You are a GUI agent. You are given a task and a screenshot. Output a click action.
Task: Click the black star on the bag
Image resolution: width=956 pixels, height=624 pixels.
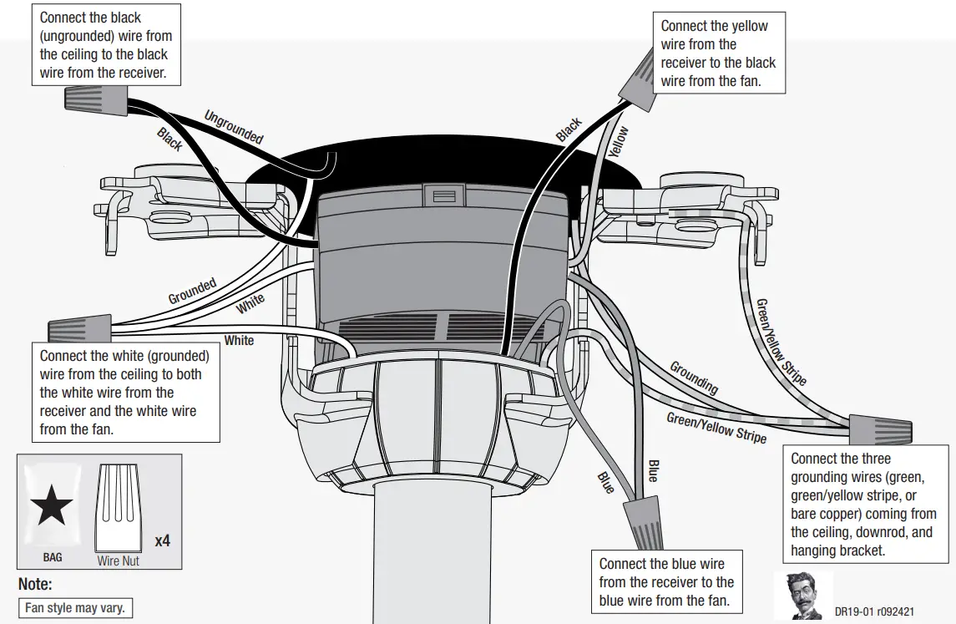52,504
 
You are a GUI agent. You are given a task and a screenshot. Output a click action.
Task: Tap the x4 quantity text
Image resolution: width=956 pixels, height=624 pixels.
162,540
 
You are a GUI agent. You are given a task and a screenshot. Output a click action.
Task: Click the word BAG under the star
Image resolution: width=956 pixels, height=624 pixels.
53,556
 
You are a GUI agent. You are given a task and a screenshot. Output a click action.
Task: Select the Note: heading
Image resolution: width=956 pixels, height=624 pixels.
35,585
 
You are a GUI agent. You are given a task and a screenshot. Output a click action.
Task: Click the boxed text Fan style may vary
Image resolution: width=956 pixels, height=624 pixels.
75,608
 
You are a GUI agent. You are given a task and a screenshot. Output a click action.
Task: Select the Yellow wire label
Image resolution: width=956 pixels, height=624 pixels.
619,143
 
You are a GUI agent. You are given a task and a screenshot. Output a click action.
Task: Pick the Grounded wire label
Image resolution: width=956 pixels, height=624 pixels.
192,292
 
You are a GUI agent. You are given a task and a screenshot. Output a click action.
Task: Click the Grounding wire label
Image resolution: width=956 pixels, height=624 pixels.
694,378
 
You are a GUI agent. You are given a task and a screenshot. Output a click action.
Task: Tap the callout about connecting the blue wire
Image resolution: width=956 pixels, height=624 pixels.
666,582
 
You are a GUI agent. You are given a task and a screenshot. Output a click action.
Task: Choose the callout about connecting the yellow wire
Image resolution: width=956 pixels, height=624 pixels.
718,53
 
